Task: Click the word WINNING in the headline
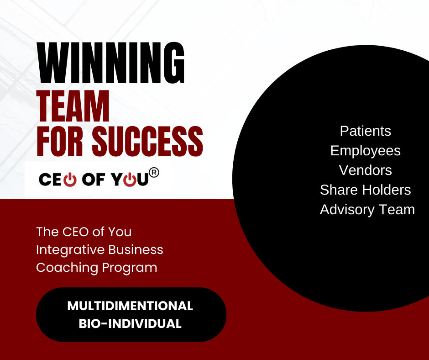click(x=111, y=63)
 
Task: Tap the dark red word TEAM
click(x=73, y=106)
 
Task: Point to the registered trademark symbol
click(x=154, y=173)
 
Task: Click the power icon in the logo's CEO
click(x=70, y=180)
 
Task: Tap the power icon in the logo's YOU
click(x=130, y=180)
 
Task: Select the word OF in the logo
click(x=93, y=180)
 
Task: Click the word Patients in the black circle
click(x=366, y=131)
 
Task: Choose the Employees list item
click(x=366, y=151)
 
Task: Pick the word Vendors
click(x=366, y=170)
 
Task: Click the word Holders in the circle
click(x=387, y=190)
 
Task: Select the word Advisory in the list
click(x=347, y=210)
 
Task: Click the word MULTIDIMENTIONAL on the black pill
click(x=130, y=306)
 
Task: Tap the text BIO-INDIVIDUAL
click(x=130, y=323)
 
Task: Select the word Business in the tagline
click(x=136, y=249)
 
